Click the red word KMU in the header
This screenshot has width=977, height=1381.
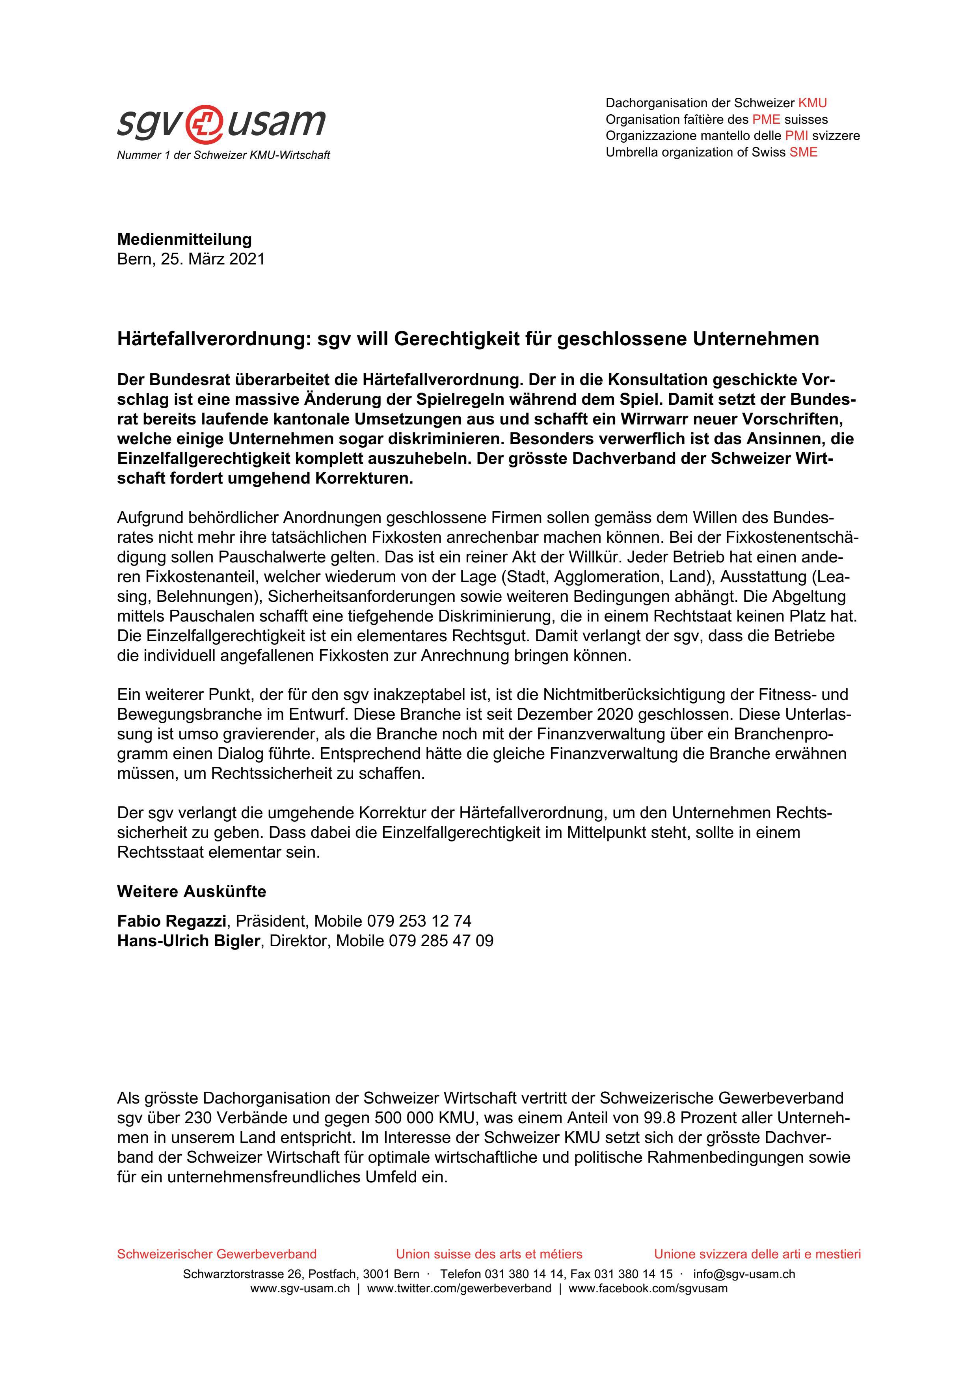812,103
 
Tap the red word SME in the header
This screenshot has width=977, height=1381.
803,152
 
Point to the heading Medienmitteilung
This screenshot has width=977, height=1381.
184,239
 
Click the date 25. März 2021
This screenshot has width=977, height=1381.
212,259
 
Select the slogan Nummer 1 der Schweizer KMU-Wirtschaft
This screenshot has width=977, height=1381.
223,155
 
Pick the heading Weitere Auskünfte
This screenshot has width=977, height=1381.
191,892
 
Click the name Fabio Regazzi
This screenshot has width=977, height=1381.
171,921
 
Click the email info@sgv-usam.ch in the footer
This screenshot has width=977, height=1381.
744,1274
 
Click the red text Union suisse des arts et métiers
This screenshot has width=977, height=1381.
489,1254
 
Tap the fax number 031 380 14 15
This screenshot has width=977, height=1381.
633,1274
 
